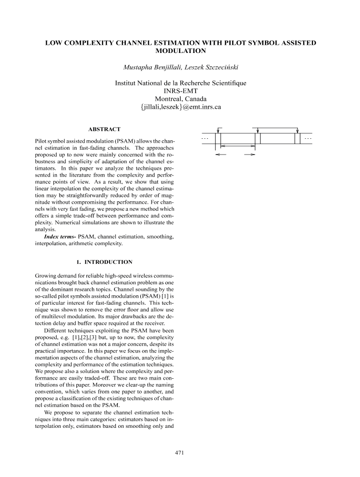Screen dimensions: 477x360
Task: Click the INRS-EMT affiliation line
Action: click(180, 91)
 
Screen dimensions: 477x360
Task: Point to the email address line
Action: click(180, 107)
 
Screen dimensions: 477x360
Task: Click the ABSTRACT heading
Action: click(104, 129)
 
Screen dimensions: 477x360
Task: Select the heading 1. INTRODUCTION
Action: click(104, 262)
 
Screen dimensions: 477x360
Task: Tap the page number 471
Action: click(180, 453)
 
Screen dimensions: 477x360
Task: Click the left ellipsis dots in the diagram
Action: click(205, 138)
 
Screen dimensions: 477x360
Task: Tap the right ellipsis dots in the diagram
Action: click(308, 138)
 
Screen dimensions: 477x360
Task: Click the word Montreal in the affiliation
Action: click(160, 99)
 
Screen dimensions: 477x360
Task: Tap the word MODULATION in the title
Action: click(180, 51)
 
